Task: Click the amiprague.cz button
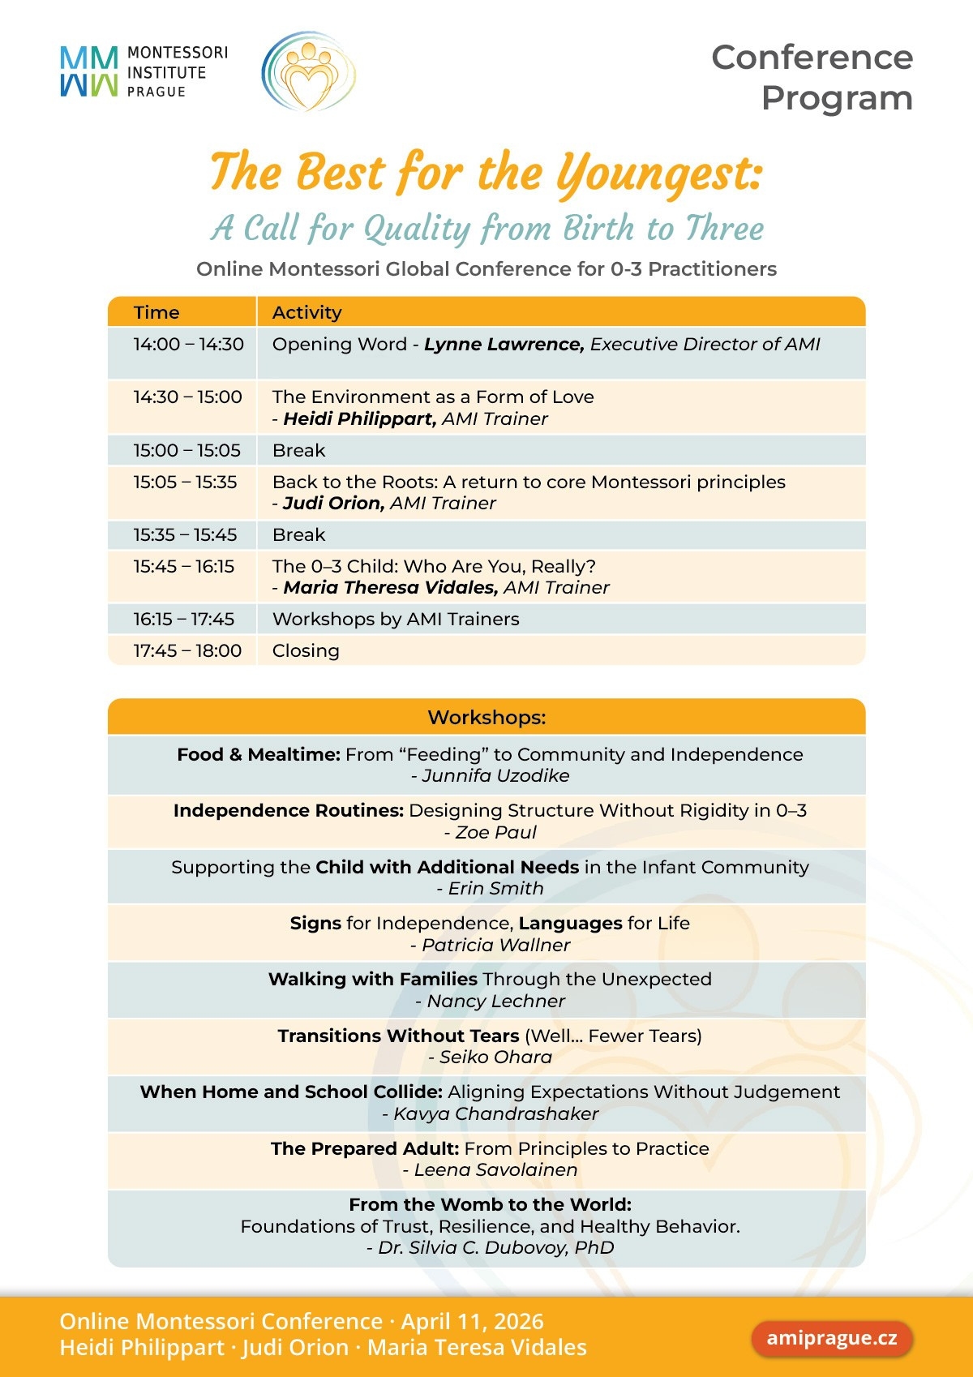(x=832, y=1338)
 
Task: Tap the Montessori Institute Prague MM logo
(x=88, y=71)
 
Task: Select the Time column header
(x=156, y=312)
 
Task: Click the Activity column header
(x=306, y=312)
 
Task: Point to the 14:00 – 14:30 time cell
(x=188, y=345)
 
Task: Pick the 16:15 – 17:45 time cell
(x=184, y=620)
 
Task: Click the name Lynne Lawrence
(x=504, y=345)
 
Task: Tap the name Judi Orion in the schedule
(x=333, y=504)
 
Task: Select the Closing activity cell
(x=306, y=651)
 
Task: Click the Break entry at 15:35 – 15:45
(x=298, y=535)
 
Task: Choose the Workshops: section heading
(x=486, y=718)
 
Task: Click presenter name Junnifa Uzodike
(x=495, y=776)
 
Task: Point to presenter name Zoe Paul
(x=495, y=833)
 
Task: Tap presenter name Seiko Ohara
(x=495, y=1057)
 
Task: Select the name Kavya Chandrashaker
(x=495, y=1114)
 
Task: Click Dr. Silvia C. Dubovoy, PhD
(x=495, y=1248)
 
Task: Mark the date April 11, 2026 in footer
(x=473, y=1321)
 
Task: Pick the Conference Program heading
(x=812, y=78)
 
